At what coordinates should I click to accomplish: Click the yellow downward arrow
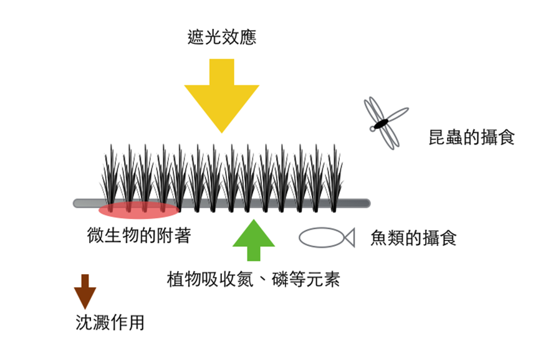pos(221,93)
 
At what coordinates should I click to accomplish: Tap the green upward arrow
pos(253,240)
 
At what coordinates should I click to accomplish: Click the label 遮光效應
pos(222,37)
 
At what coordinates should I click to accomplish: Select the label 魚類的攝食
pos(413,238)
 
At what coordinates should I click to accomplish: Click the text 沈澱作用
pos(110,322)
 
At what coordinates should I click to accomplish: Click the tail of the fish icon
pos(348,237)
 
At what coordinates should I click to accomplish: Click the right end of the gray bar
pos(366,203)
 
